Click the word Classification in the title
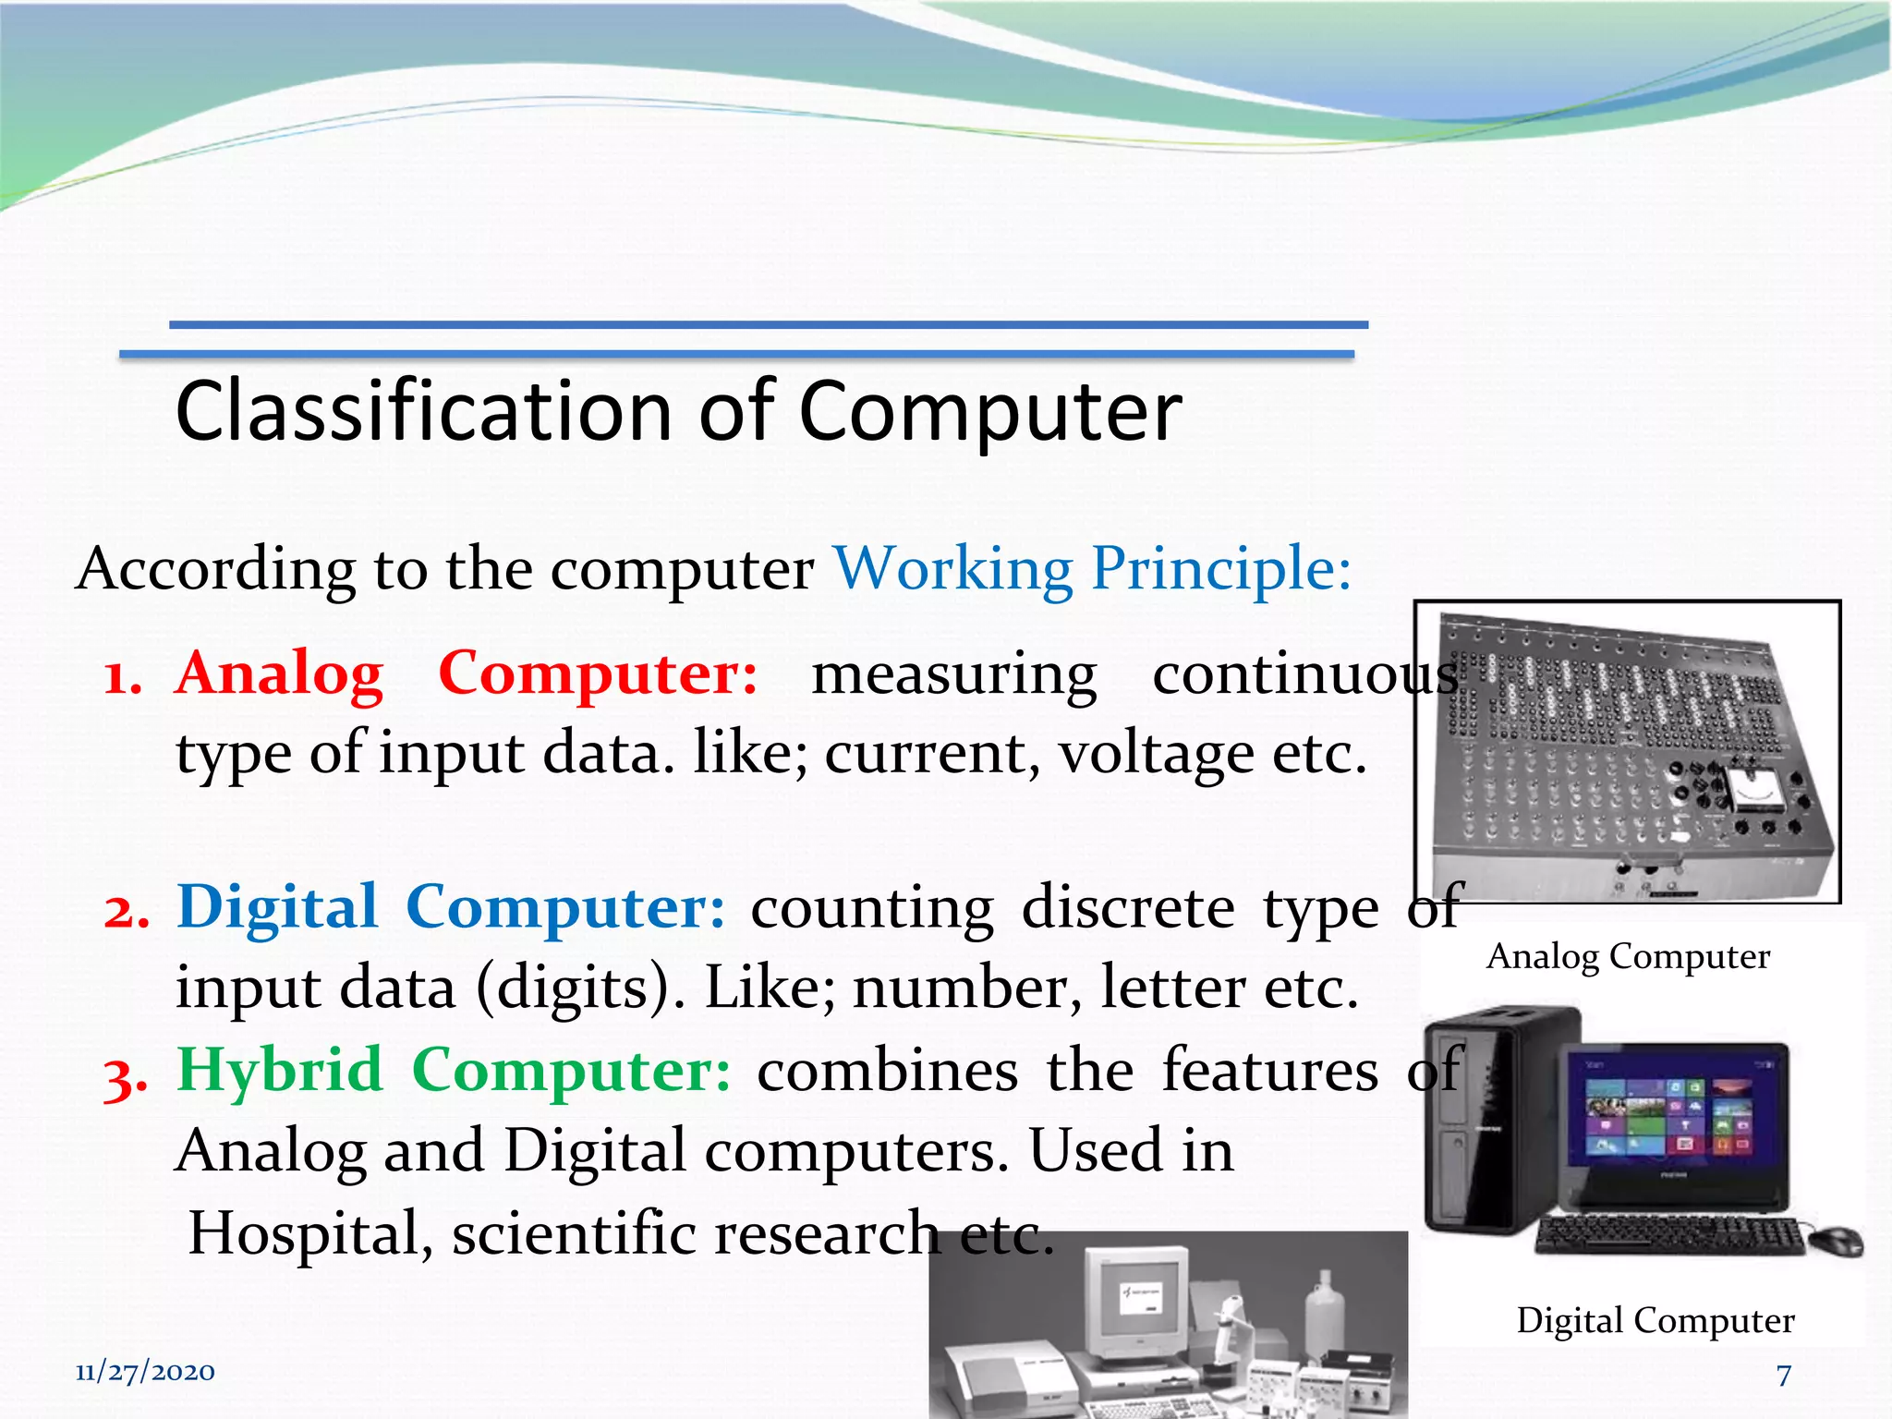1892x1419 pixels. point(423,412)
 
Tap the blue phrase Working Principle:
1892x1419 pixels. point(1092,568)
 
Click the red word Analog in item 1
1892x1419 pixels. point(279,674)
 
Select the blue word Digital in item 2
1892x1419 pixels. point(277,908)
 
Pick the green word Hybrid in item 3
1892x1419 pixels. point(279,1071)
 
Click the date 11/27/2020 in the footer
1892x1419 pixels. point(145,1372)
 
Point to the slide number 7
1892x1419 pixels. point(1784,1376)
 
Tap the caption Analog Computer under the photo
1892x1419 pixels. point(1628,957)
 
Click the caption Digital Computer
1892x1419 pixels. point(1655,1321)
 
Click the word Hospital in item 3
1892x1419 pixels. point(305,1234)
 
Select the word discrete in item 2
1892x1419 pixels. point(1127,908)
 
